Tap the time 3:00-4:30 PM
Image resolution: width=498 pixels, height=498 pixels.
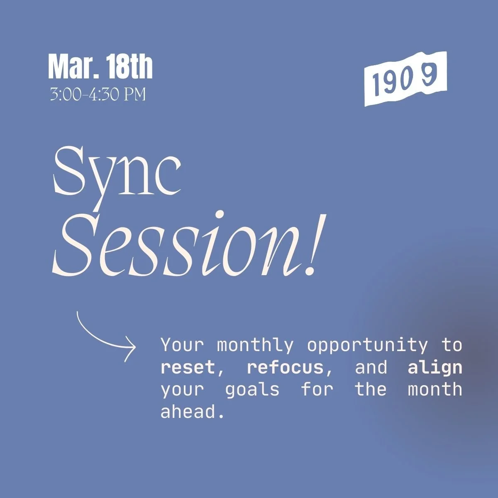click(98, 95)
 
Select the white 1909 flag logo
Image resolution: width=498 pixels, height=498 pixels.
click(405, 79)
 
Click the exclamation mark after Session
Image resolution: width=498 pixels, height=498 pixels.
click(312, 245)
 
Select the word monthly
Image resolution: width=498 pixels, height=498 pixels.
click(255, 345)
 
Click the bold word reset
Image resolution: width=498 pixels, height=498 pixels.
click(188, 368)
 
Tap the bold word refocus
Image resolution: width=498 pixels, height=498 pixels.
click(285, 368)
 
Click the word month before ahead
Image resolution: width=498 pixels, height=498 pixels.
click(435, 390)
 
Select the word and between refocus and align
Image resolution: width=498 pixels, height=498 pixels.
click(371, 368)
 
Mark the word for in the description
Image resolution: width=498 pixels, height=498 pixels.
click(317, 390)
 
